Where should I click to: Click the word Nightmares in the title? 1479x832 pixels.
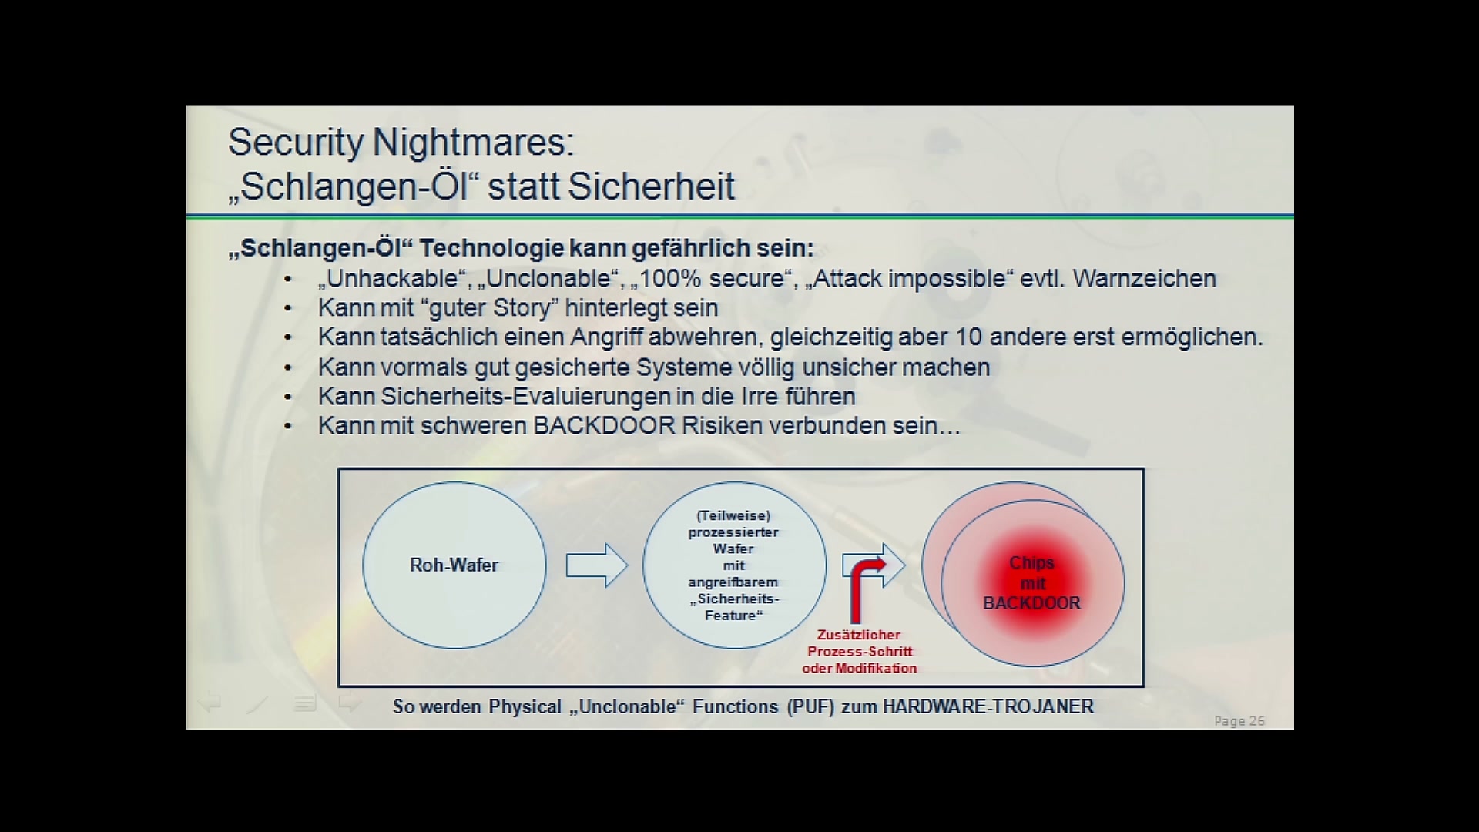tap(473, 143)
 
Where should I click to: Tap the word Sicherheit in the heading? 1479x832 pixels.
tap(651, 186)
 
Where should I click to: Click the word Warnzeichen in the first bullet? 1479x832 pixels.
tap(1144, 278)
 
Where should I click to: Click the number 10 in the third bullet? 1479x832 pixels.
tap(968, 337)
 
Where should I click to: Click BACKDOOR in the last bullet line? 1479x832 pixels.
tap(604, 425)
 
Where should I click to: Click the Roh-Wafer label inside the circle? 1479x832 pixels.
tap(454, 565)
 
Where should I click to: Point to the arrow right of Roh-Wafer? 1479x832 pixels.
tap(597, 565)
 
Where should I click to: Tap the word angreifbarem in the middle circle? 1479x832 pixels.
tap(733, 582)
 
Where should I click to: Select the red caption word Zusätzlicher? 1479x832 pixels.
tap(859, 635)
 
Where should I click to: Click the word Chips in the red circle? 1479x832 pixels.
tap(1031, 563)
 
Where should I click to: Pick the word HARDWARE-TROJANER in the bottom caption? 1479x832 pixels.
tap(988, 706)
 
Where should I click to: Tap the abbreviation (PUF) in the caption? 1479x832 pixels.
tap(810, 706)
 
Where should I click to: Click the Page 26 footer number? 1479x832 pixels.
tap(1239, 721)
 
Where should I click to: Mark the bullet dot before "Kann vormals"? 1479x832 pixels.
tap(288, 367)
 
